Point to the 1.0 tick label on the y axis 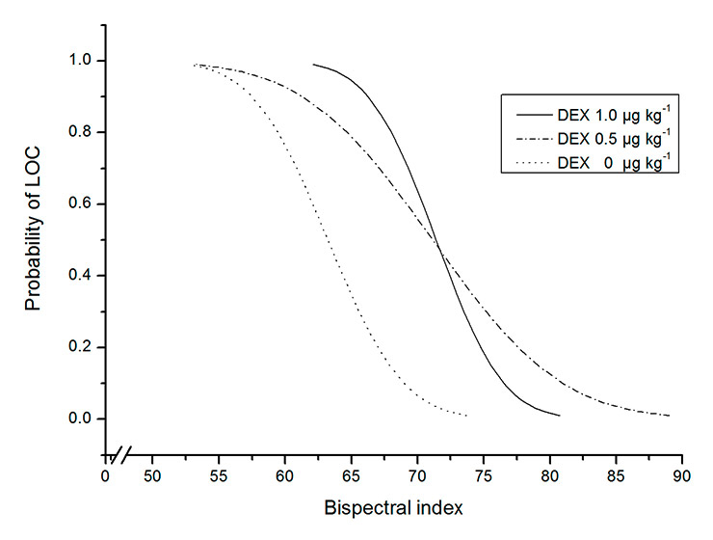tap(84, 61)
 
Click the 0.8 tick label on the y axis tap(84, 132)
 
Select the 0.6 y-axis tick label tap(84, 203)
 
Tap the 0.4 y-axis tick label tap(84, 276)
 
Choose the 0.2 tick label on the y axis tap(84, 347)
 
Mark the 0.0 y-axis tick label tap(84, 418)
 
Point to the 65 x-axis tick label tap(351, 474)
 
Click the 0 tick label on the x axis tap(106, 474)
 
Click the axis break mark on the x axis tap(123, 453)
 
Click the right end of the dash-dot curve tap(669, 416)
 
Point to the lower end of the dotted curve tap(467, 416)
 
